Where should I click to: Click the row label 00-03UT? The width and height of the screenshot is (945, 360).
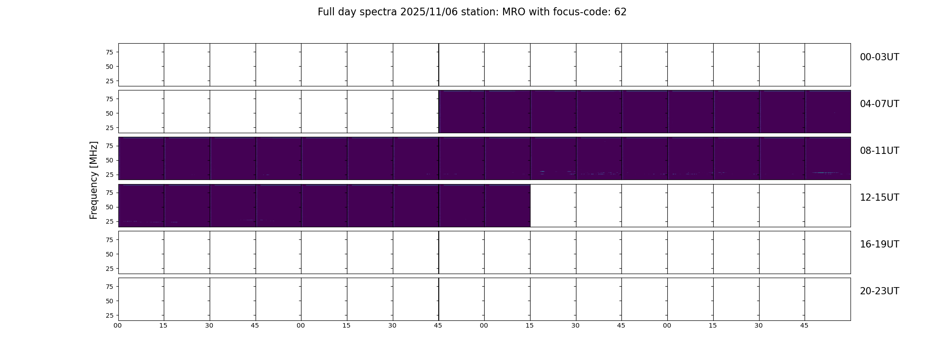coord(879,57)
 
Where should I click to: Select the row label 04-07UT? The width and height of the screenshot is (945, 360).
coord(879,104)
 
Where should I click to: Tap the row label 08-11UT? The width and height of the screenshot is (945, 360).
coord(879,151)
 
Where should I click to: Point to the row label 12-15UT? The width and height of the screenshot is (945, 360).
coord(879,198)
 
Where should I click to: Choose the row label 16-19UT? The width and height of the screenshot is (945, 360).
coord(879,244)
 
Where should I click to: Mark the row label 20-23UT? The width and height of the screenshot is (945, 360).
coord(879,291)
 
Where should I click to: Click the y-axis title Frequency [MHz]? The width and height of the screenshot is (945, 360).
coord(94,180)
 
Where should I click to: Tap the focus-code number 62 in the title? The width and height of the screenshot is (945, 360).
coord(621,12)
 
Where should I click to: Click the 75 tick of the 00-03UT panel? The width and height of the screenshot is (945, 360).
coord(109,52)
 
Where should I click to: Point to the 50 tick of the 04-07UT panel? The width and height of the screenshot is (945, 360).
coord(109,113)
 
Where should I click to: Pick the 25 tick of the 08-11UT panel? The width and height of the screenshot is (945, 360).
coord(109,175)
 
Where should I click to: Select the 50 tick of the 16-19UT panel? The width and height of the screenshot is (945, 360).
coord(109,254)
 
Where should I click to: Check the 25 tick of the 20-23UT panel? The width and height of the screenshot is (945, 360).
coord(109,315)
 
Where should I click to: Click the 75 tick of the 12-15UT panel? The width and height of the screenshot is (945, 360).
coord(109,193)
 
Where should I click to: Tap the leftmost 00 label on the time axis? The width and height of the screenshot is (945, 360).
coord(117,325)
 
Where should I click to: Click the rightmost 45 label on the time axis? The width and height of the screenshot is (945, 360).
coord(804,325)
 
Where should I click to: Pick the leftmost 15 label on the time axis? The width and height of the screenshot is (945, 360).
coord(163,325)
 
